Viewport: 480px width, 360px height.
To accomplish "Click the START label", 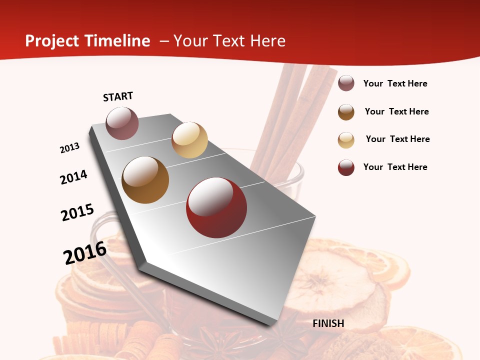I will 118,96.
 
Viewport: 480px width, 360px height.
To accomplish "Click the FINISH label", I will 328,323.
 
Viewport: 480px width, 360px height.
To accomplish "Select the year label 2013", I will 70,148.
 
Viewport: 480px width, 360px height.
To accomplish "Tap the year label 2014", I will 74,177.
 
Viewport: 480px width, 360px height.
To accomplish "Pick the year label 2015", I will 77,212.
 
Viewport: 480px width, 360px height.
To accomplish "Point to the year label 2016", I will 85,253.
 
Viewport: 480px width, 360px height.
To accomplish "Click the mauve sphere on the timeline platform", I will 122,123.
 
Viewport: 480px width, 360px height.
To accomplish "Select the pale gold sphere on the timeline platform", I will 189,140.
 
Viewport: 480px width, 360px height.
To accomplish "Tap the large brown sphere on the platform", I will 145,180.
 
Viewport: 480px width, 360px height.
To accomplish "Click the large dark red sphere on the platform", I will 216,207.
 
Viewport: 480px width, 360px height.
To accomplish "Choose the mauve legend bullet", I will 346,83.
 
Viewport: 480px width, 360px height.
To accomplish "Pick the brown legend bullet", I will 346,112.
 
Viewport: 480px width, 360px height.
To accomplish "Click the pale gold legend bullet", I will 346,140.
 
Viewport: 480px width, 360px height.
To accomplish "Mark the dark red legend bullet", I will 346,167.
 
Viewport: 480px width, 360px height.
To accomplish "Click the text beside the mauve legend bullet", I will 395,83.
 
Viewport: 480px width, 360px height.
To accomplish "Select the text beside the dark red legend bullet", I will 395,167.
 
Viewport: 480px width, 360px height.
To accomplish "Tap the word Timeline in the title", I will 117,41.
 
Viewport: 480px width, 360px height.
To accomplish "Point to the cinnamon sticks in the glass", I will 290,110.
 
